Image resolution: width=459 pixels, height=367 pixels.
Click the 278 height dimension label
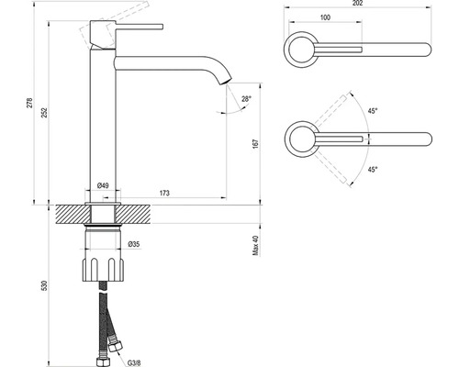tap(29, 103)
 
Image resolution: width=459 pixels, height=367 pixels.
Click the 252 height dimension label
tap(44, 112)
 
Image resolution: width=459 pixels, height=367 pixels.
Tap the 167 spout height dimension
tap(256, 144)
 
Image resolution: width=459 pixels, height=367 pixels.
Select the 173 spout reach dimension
tap(164, 193)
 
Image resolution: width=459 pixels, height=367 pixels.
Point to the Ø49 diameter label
tap(103, 185)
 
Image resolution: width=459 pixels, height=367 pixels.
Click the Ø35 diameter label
tap(134, 244)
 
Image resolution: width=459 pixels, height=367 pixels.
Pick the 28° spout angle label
tap(246, 98)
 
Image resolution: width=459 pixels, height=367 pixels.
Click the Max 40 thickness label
tap(256, 245)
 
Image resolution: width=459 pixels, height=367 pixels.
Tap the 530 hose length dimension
tap(44, 285)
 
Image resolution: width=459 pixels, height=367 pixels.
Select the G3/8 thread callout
tap(134, 363)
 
